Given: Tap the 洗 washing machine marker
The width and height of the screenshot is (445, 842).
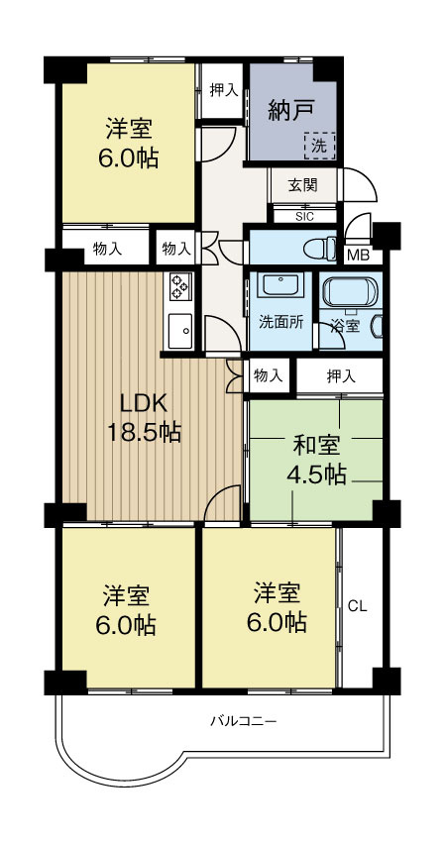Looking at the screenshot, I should (x=319, y=146).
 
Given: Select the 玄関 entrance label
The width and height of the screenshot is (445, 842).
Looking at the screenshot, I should (x=303, y=186).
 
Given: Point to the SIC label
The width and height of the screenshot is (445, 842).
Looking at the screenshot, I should (x=304, y=215).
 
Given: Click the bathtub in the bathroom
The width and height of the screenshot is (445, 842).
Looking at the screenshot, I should (x=353, y=294).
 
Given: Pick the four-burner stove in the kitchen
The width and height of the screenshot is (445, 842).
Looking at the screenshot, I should (x=180, y=286).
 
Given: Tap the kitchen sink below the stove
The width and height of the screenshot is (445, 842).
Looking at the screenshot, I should (x=179, y=329).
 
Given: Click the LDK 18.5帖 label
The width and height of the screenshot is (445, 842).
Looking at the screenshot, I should (x=149, y=418).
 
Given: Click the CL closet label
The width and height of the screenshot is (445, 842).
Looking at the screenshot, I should (x=357, y=606).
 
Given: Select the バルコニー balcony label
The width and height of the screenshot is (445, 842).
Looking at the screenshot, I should (x=242, y=720).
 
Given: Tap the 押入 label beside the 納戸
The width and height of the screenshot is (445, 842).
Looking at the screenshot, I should (x=224, y=90).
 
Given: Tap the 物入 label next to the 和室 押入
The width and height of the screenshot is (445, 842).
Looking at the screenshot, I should (x=269, y=375).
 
